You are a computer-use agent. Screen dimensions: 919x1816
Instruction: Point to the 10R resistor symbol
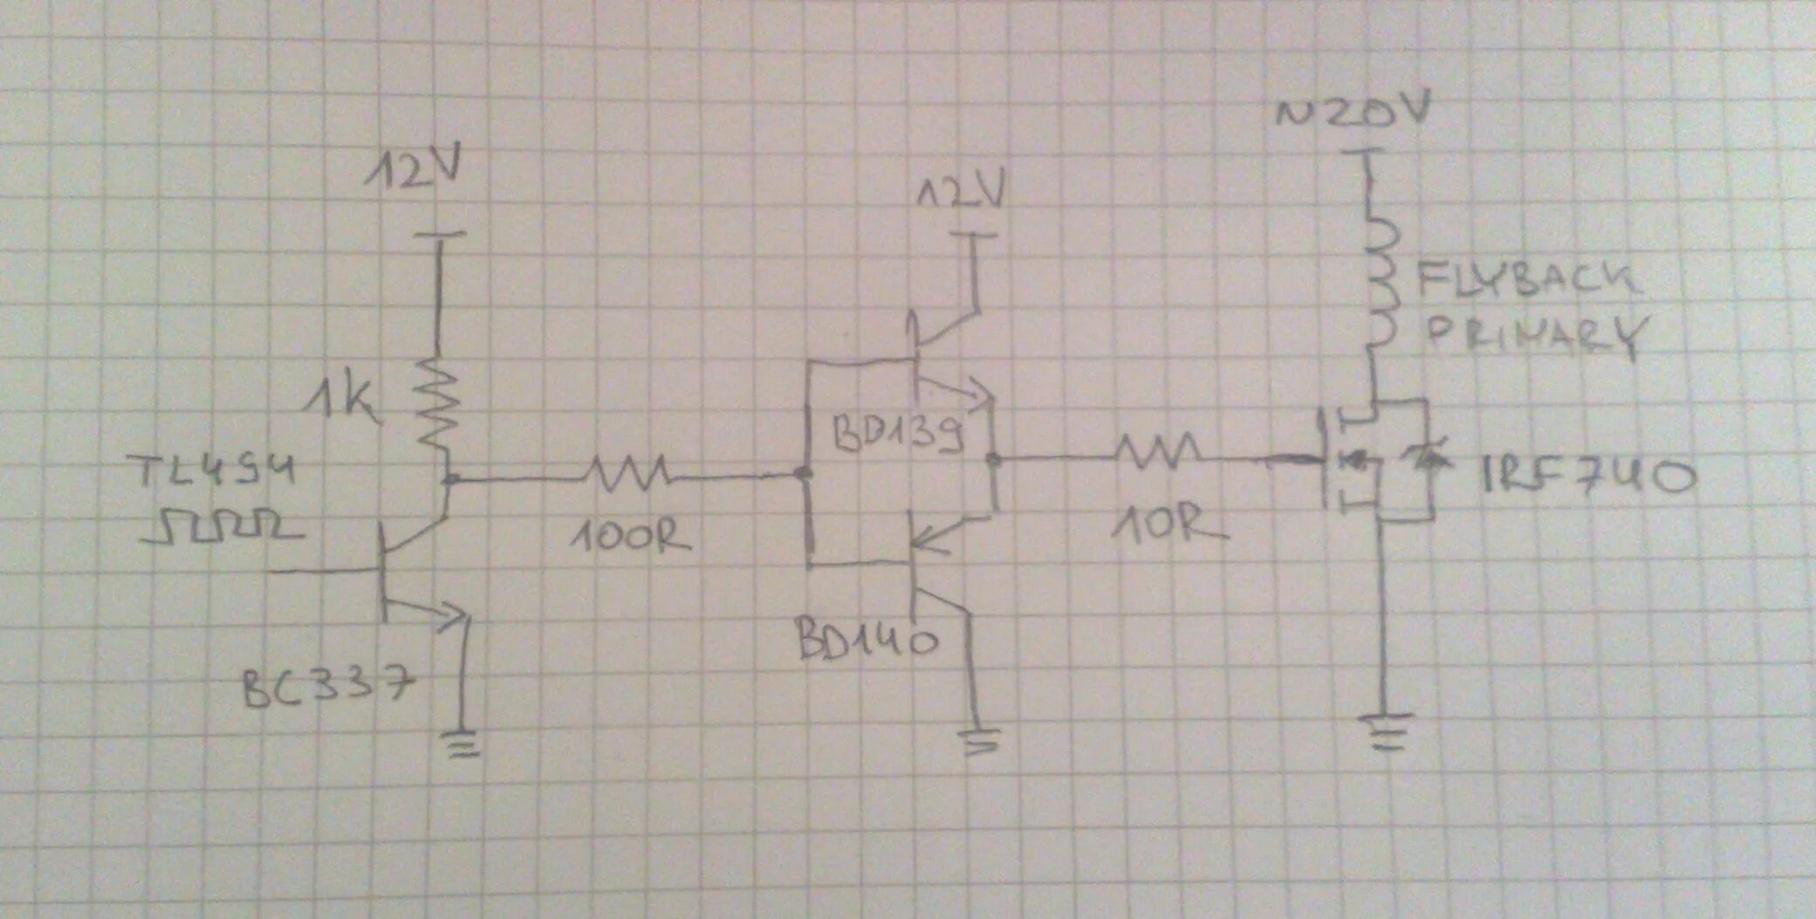tap(1162, 451)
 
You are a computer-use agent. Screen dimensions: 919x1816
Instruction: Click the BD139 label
tap(898, 431)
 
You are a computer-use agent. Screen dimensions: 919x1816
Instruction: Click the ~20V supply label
tap(1352, 114)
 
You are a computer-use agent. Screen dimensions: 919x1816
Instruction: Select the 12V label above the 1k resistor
tap(411, 171)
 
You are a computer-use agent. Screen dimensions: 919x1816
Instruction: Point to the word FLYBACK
tap(1527, 279)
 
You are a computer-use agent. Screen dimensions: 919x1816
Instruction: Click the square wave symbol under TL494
tap(225, 527)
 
